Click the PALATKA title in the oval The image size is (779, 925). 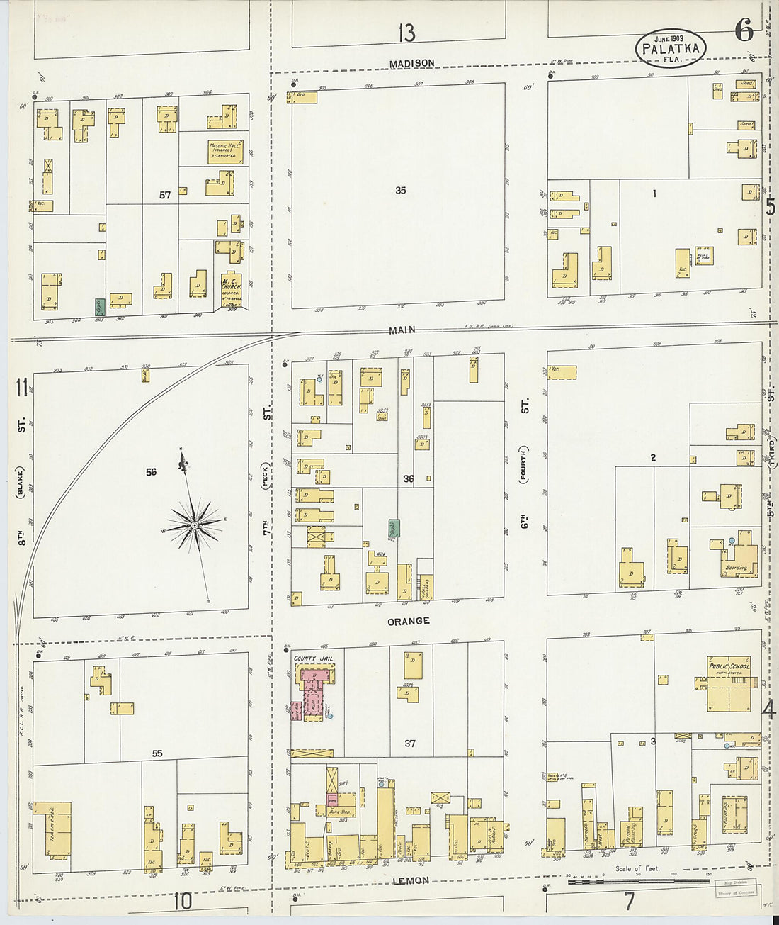click(670, 49)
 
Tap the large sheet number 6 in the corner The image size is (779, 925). click(744, 30)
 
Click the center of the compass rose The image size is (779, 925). click(193, 525)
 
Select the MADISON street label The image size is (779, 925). click(411, 64)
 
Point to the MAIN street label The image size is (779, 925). click(402, 330)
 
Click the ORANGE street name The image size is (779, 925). click(409, 621)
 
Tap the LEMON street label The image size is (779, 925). click(411, 880)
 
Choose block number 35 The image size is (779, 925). click(401, 190)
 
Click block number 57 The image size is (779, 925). click(165, 194)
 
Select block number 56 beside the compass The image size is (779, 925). click(151, 472)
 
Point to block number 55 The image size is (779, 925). click(157, 753)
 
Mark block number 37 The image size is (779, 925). click(410, 744)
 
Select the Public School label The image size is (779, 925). click(729, 666)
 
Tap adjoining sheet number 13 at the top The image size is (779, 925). click(406, 33)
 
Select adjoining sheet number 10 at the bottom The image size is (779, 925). click(183, 902)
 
